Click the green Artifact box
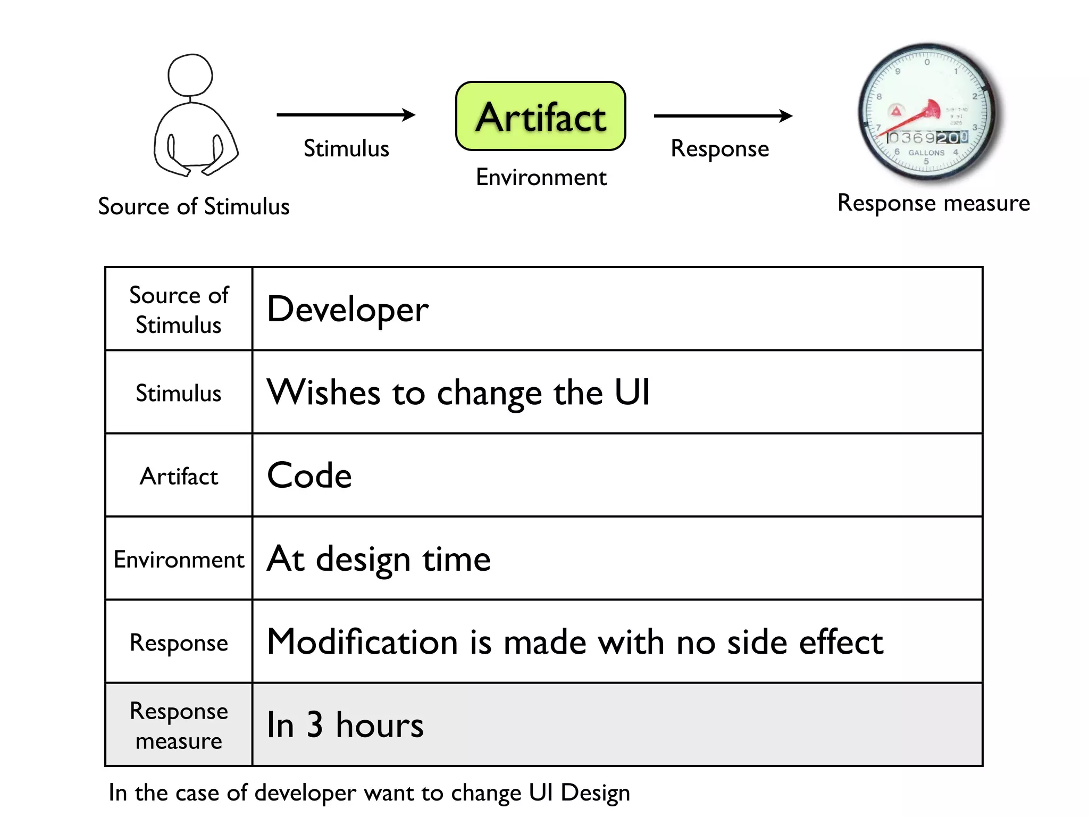540,116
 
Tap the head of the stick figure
190,76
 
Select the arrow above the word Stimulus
346,115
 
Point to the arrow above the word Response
723,115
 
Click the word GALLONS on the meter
926,153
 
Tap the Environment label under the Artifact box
541,177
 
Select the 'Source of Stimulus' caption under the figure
194,206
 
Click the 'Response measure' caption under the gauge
933,203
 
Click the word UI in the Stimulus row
632,393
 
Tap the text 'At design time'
379,559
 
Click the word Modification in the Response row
362,642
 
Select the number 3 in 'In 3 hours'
315,724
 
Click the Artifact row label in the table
179,476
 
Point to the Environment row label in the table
179,560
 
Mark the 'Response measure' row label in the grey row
179,726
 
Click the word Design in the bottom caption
595,793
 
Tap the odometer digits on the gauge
927,138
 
